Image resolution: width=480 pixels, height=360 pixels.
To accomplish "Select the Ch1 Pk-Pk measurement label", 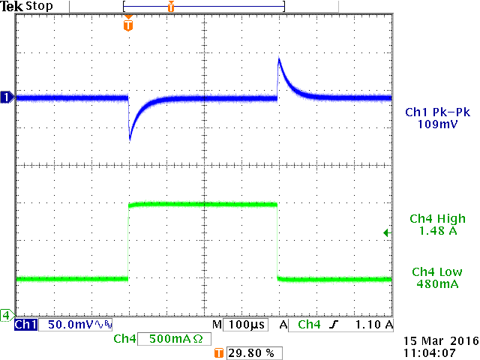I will [x=437, y=112].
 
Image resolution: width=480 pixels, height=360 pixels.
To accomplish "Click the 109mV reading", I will [x=437, y=124].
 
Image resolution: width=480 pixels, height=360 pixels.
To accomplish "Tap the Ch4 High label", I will [x=437, y=219].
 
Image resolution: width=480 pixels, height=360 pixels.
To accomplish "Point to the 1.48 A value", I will [x=437, y=231].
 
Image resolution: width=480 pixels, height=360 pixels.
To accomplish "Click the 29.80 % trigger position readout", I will [x=249, y=352].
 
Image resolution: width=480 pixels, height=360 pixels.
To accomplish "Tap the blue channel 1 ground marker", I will [x=7, y=97].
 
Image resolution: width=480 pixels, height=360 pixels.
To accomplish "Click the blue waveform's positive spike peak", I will [x=279, y=59].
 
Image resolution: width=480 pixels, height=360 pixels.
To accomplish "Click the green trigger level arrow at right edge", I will [x=387, y=233].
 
